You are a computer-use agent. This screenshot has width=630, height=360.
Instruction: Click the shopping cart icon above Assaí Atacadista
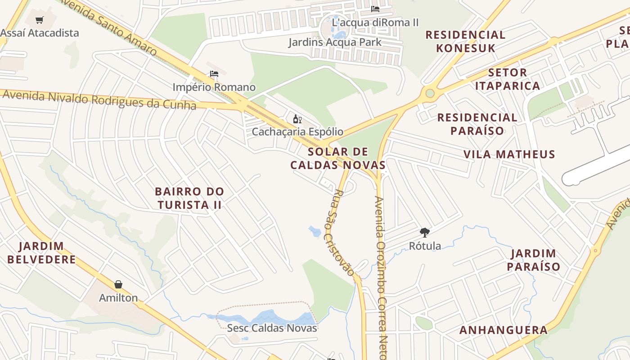[40, 20]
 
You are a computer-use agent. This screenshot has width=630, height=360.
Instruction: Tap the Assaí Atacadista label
[40, 33]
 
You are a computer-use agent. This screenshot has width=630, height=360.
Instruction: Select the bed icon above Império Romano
[214, 74]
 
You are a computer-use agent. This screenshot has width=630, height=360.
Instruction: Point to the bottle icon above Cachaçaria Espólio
[297, 119]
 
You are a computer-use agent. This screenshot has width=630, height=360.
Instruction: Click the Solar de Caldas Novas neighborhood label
[338, 158]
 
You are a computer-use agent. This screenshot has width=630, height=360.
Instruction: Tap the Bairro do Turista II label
[189, 198]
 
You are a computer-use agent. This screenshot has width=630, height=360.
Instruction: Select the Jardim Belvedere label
[41, 253]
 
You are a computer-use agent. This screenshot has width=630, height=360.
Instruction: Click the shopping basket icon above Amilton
[118, 284]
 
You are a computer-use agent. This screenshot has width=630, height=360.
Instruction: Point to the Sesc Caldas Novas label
[272, 328]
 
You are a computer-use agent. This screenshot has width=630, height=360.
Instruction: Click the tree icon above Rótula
[424, 233]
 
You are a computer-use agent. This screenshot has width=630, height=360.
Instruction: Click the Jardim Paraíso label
[534, 260]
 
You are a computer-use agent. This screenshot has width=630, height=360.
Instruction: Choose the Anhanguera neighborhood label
[504, 330]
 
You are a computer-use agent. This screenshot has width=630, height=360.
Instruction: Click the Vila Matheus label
[509, 154]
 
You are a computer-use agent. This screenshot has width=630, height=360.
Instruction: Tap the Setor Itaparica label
[508, 79]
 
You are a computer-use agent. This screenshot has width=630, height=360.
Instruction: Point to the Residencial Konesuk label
[465, 41]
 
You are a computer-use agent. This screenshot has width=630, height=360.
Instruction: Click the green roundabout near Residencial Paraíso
[430, 94]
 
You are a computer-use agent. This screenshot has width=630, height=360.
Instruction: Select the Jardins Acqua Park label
[335, 42]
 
